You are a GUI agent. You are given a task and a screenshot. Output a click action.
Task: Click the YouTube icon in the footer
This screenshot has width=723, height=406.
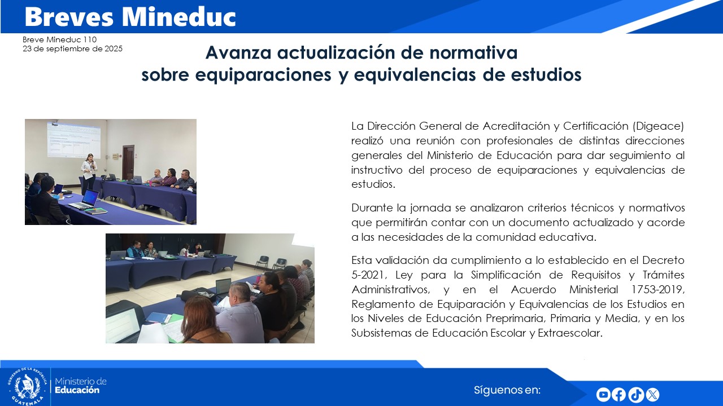pyautogui.click(x=603, y=395)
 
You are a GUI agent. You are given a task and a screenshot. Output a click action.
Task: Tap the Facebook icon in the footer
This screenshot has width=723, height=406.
pyautogui.click(x=619, y=395)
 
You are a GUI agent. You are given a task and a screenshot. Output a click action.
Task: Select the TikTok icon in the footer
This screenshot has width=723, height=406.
pyautogui.click(x=635, y=395)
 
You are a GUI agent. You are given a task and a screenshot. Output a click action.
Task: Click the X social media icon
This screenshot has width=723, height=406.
pyautogui.click(x=652, y=395)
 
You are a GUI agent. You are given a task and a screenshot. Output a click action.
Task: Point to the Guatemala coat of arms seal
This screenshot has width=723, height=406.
pyautogui.click(x=27, y=386)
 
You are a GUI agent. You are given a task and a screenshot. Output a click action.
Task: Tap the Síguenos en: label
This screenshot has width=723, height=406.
pyautogui.click(x=507, y=390)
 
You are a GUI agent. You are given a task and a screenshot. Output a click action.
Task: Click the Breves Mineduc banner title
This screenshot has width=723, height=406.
pyautogui.click(x=130, y=17)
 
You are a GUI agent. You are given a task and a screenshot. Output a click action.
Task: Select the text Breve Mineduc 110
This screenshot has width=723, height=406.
pyautogui.click(x=60, y=40)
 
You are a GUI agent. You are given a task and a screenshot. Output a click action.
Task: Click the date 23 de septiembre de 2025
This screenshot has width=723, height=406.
pyautogui.click(x=72, y=49)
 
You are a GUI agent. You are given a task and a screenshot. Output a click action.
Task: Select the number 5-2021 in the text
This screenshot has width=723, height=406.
pyautogui.click(x=367, y=275)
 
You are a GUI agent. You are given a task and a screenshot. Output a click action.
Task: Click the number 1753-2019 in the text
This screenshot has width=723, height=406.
pyautogui.click(x=658, y=290)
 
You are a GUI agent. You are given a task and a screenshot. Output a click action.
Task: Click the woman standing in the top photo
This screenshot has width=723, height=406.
pyautogui.click(x=89, y=171)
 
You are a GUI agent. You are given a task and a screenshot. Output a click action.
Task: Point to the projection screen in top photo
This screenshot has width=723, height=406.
pyautogui.click(x=73, y=140)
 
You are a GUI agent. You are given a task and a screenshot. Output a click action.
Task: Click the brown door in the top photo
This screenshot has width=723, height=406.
pyautogui.click(x=128, y=162)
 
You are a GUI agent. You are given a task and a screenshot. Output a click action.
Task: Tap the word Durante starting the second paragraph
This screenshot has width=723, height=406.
pyautogui.click(x=371, y=208)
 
